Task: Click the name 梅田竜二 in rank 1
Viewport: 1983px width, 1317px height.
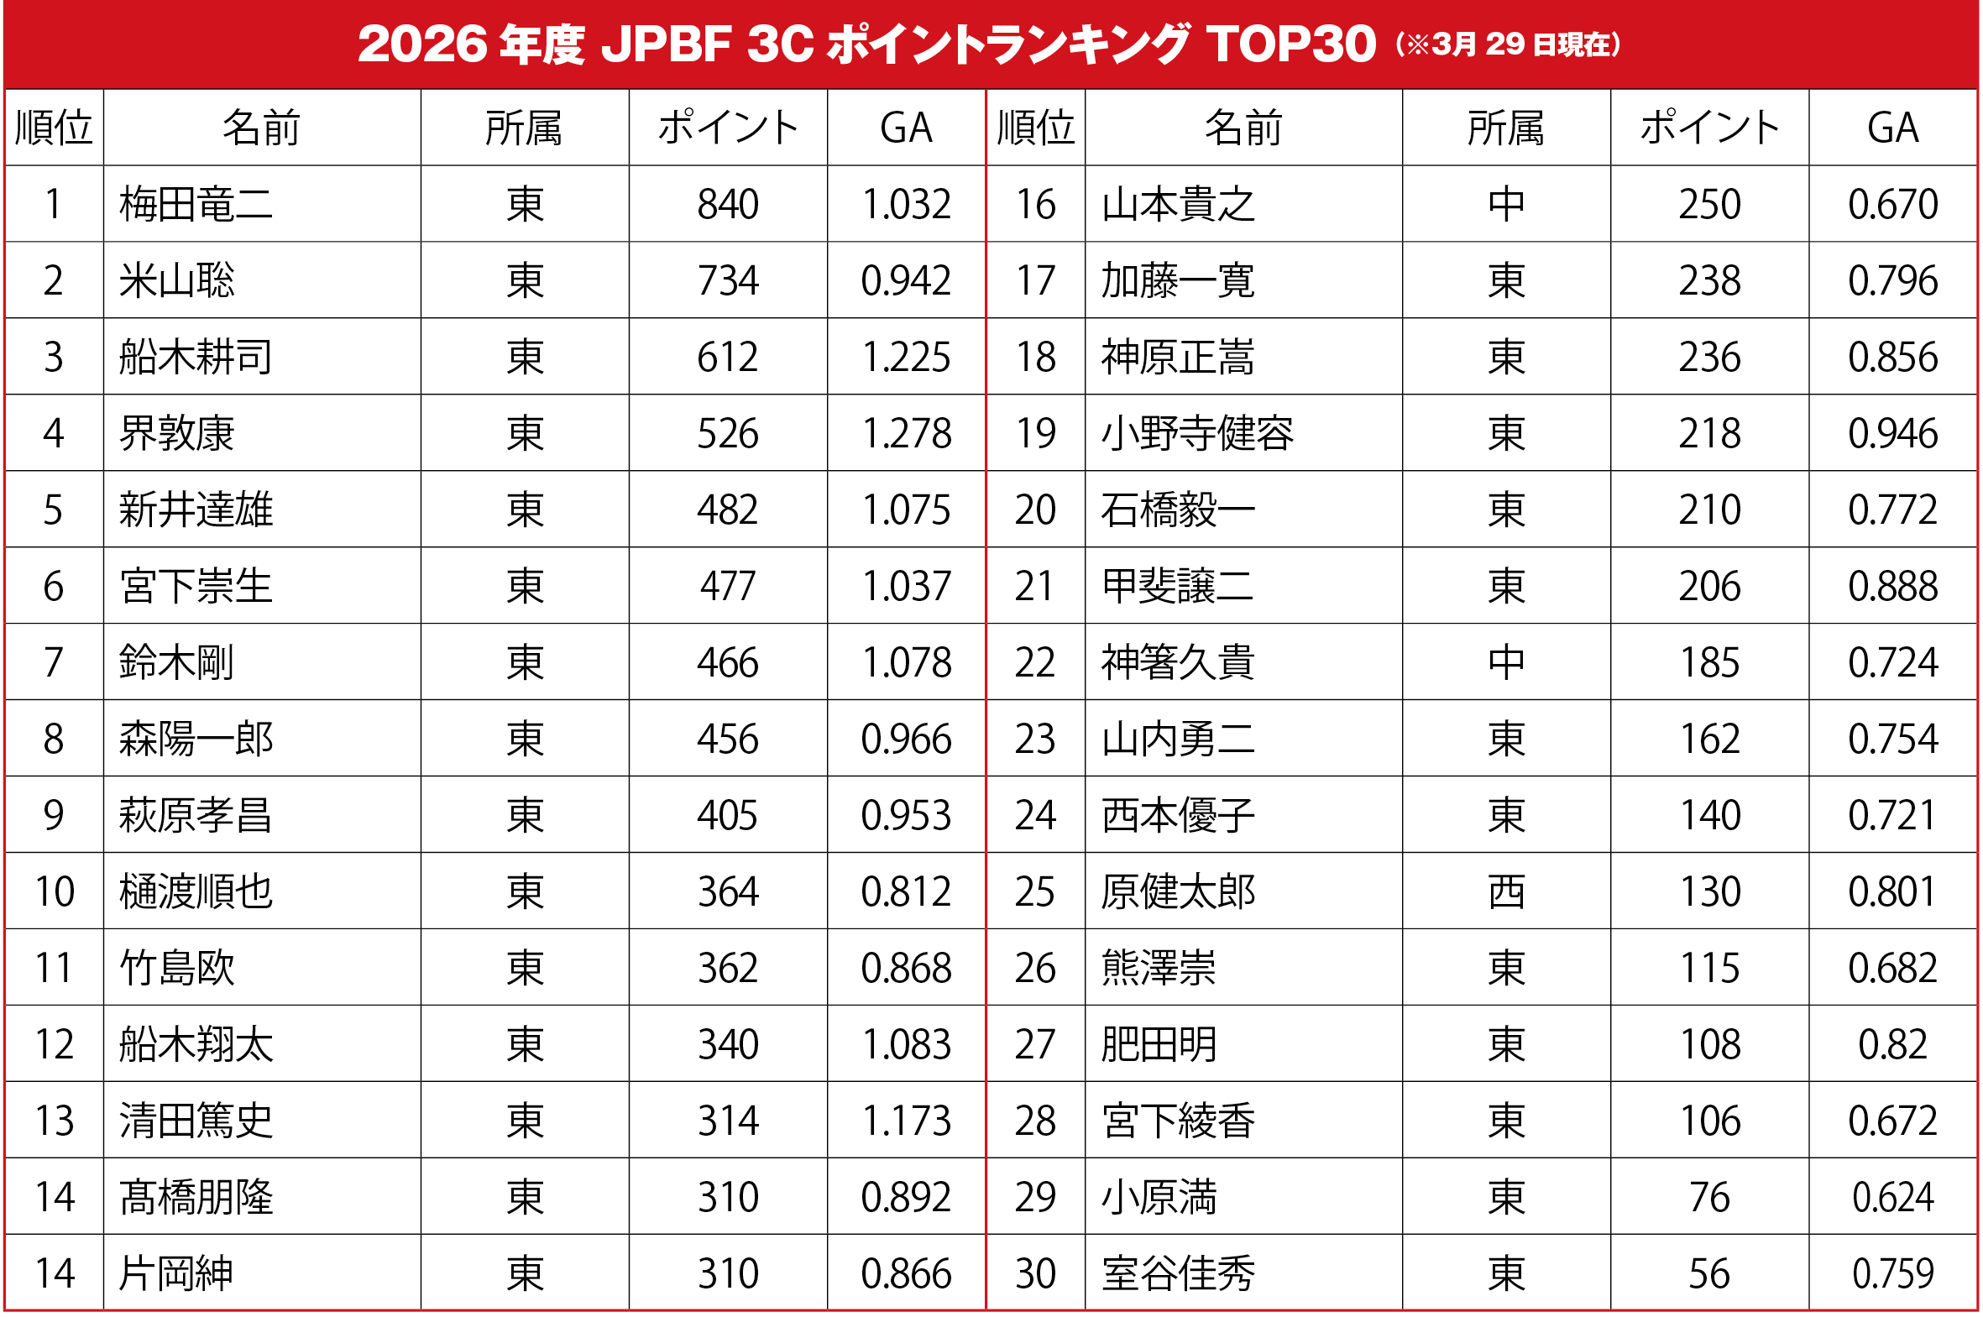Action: coord(196,204)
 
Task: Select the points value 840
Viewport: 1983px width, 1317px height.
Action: coord(727,204)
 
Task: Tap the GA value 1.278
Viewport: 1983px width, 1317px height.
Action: coord(906,433)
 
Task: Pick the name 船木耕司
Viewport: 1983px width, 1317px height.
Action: coord(196,357)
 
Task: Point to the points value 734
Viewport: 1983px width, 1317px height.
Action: coord(727,280)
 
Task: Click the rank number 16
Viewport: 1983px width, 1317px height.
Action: coord(1035,204)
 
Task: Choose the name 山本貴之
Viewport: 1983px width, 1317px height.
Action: coord(1178,204)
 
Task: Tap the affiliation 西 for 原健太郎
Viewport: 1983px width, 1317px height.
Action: coord(1506,891)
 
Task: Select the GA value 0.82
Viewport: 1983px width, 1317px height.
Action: coord(1892,1044)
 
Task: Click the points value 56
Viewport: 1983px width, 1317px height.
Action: coord(1709,1273)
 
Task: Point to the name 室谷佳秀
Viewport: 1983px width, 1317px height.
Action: coord(1178,1273)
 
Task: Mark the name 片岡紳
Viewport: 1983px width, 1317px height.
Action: coord(176,1273)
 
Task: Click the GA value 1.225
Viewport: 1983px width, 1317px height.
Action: coord(906,357)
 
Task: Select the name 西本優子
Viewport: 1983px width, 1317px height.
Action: coord(1178,815)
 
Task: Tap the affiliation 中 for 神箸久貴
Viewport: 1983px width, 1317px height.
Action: coord(1506,662)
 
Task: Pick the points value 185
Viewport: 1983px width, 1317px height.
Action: coord(1709,662)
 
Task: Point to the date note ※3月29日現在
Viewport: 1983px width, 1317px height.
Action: coord(1509,44)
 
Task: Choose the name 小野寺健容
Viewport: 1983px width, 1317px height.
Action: coord(1197,433)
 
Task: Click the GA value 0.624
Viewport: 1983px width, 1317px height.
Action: coord(1892,1197)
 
